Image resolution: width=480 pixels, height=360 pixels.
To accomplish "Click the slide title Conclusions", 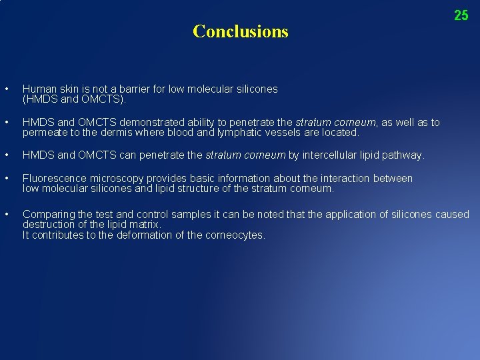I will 240,31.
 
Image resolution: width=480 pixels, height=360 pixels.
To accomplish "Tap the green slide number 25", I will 461,15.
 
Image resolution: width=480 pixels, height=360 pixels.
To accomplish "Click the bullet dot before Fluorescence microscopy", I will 6,179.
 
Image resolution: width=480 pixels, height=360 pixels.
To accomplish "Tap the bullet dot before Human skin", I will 6,89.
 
